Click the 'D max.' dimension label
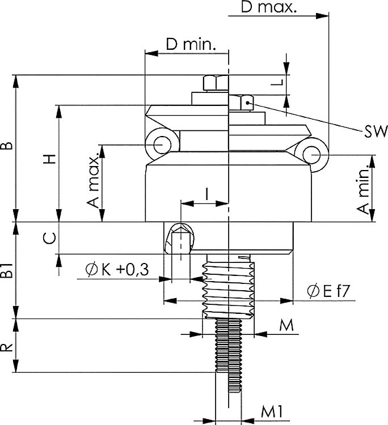(x=268, y=7)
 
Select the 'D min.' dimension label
(x=191, y=45)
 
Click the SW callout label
(x=376, y=132)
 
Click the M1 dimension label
(x=272, y=411)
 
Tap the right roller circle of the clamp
(x=313, y=154)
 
